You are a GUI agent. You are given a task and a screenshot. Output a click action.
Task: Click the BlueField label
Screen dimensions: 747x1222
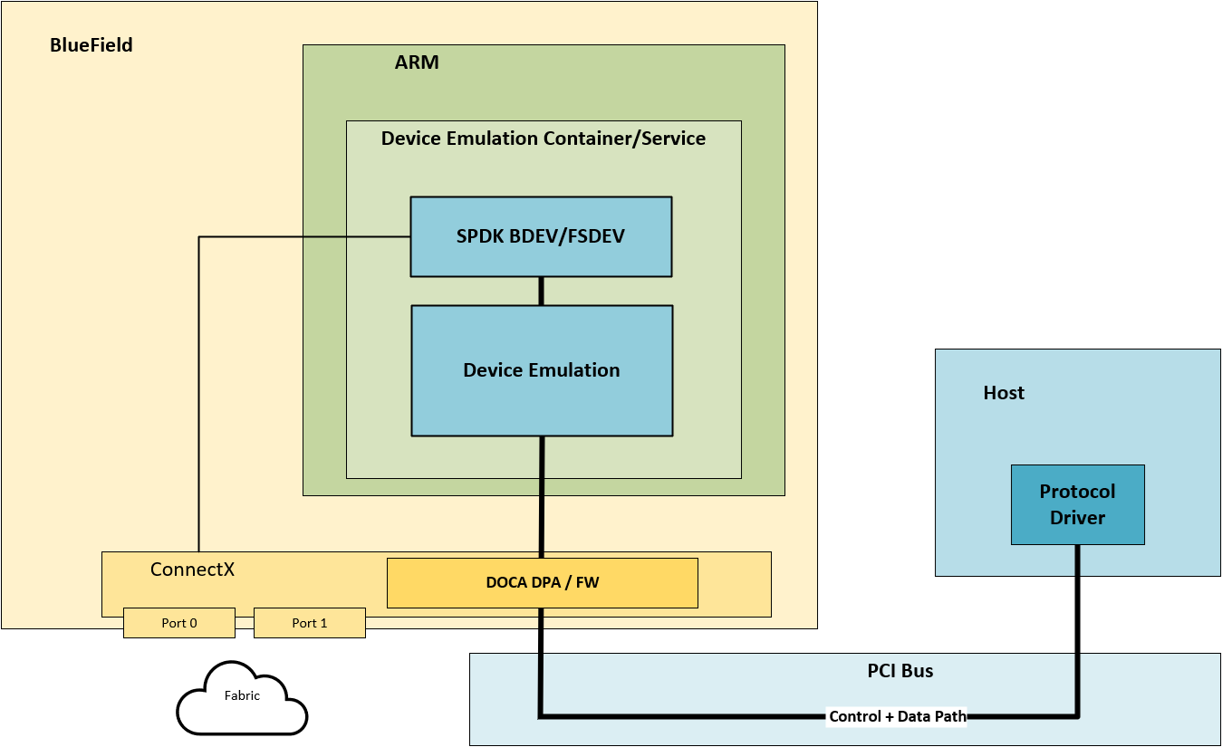91,45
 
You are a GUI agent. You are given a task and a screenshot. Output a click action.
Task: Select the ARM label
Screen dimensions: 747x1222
417,62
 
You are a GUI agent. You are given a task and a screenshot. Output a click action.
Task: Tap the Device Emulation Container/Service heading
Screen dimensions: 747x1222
543,139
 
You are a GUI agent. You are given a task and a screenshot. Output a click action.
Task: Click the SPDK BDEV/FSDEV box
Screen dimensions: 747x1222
541,236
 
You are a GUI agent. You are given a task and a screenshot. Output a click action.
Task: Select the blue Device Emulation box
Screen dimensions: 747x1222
541,370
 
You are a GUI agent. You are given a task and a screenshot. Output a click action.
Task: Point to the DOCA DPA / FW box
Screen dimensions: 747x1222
542,582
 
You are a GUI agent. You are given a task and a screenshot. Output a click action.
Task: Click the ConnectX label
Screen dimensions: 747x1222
192,570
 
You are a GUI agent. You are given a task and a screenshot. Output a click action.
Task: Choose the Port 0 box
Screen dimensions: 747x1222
179,623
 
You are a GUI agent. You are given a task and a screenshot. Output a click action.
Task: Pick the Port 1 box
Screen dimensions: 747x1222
310,623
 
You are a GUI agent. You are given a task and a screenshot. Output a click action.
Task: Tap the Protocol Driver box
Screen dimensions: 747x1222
1077,504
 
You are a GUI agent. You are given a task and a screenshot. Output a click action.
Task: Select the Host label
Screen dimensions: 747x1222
1004,393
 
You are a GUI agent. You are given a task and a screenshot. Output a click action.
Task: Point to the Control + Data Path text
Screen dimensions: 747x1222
897,716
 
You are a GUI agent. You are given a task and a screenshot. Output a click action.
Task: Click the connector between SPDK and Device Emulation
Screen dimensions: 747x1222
542,291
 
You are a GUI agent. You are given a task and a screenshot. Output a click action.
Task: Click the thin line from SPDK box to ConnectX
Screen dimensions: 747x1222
199,389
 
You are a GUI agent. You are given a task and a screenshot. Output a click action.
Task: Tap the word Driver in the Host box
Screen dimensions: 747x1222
1077,518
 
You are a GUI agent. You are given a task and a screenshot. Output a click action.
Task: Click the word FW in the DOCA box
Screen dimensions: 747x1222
587,582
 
